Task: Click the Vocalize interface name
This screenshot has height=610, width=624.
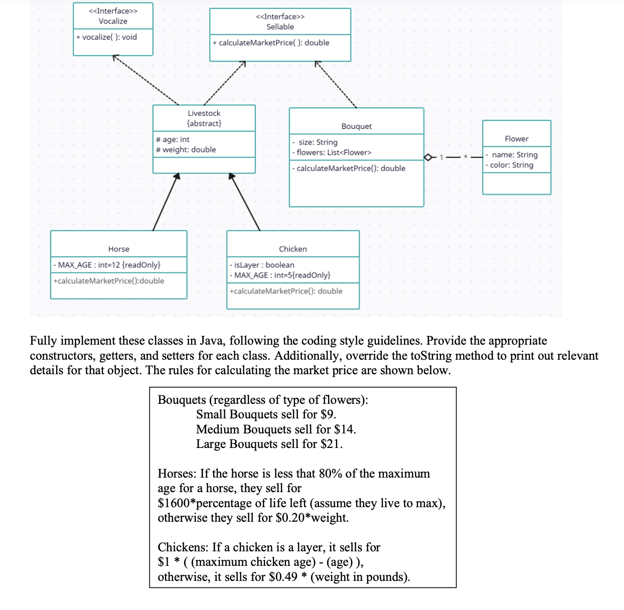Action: tap(113, 21)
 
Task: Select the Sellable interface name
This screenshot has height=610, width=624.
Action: tap(280, 27)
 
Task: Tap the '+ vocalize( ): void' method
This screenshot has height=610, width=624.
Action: tap(107, 37)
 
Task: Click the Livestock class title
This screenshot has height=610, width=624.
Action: tap(204, 113)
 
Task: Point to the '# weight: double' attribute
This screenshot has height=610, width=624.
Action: tap(186, 149)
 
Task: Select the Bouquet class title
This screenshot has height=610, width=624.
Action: tap(356, 126)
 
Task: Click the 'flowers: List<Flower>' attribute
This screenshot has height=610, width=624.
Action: tap(334, 152)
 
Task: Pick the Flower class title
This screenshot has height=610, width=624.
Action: tap(516, 138)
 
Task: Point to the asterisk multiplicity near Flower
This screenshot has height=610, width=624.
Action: tap(465, 157)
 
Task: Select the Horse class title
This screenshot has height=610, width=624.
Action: tap(118, 249)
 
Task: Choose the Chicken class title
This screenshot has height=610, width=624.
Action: tap(292, 249)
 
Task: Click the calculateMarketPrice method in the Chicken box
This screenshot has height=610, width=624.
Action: tap(286, 291)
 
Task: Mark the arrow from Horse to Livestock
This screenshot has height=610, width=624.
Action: tap(166, 202)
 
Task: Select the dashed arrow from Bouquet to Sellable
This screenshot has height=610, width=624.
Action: tap(336, 84)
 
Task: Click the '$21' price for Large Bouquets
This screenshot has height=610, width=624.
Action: tap(331, 444)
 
